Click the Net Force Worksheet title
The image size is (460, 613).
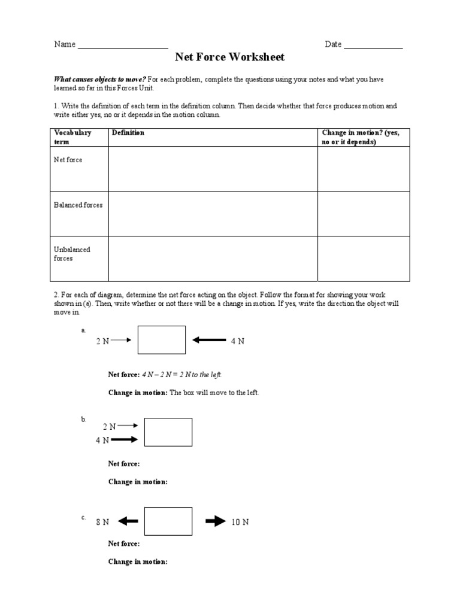point(229,57)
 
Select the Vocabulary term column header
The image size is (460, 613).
point(72,137)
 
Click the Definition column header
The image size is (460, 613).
point(128,133)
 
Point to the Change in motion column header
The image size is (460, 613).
point(361,137)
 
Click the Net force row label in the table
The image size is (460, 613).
point(68,160)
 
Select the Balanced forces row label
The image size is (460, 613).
point(78,205)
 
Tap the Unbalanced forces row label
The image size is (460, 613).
point(72,254)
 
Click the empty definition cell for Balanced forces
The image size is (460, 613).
point(213,214)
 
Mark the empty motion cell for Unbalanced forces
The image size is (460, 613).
point(364,259)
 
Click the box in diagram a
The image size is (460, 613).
point(162,340)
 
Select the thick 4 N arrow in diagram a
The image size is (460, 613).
point(208,341)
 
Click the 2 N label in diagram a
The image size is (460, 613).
point(102,341)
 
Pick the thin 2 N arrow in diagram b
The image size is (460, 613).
point(129,426)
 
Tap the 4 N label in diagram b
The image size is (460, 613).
point(102,440)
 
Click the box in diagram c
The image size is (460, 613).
point(168,521)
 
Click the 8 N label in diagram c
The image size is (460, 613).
point(102,522)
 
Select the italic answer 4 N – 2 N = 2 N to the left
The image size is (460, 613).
point(181,375)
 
